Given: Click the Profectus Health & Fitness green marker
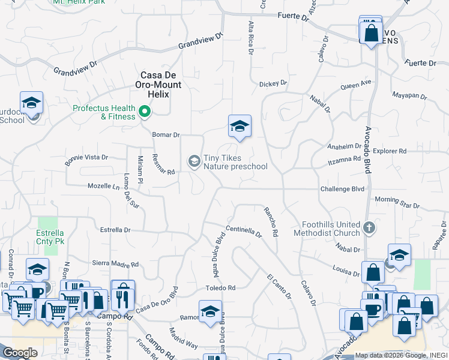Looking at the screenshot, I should (x=145, y=112).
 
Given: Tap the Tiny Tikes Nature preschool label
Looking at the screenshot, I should (x=235, y=162).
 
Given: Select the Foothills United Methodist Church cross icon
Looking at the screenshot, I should (x=369, y=228).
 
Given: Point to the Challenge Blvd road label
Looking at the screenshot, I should (x=342, y=189).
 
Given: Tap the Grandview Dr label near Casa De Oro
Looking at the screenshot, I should (x=200, y=46).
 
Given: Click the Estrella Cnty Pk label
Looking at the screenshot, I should (x=50, y=237).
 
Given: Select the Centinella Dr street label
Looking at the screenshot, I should (x=244, y=232).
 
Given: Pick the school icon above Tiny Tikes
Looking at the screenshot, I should (x=239, y=126).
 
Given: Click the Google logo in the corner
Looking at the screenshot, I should (x=20, y=353).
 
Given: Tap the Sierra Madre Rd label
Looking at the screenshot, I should (x=115, y=264).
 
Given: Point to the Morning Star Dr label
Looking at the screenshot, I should (x=397, y=202).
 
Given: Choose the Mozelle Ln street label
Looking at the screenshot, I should (x=104, y=187).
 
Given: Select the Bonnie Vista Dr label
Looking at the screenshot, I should (x=86, y=158).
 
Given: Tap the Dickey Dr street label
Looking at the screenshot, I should (x=273, y=83).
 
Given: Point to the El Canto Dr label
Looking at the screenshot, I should (x=279, y=287).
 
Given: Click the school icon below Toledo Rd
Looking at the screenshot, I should (x=210, y=313).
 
